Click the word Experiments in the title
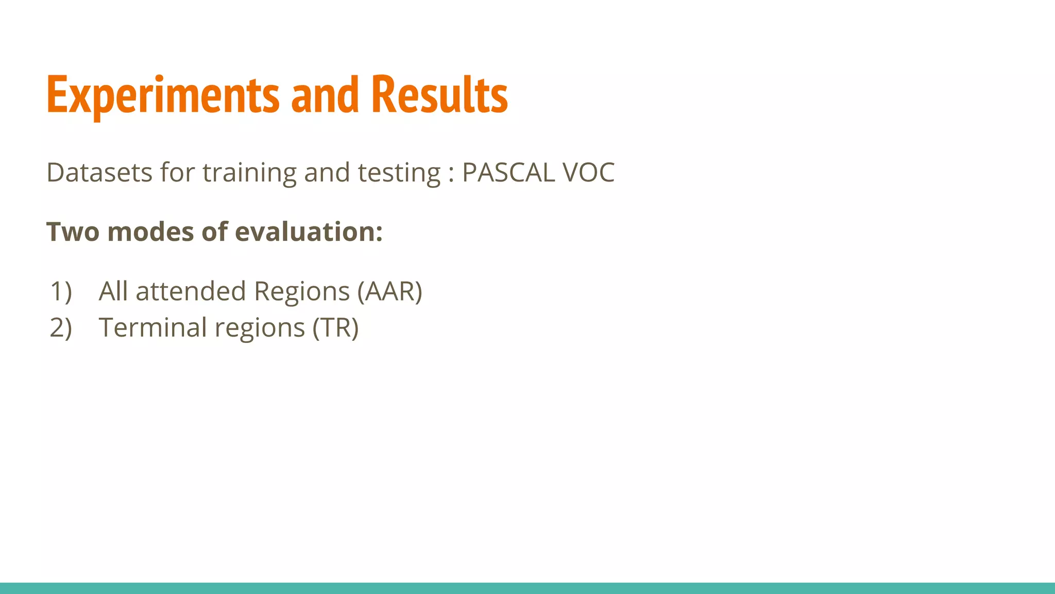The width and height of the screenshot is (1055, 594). tap(162, 95)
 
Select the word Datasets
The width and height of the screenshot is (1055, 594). tap(99, 172)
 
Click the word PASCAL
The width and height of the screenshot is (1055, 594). tap(508, 172)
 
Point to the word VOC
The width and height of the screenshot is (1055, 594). tap(588, 172)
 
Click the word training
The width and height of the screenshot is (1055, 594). tap(249, 173)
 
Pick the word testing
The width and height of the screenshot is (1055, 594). tap(399, 173)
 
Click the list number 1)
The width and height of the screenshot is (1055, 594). tap(61, 291)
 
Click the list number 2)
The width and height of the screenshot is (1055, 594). tap(61, 328)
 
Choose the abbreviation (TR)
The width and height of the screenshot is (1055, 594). tap(335, 328)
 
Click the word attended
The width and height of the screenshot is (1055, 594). tap(191, 291)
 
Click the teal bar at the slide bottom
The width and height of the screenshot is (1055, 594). tap(527, 588)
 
